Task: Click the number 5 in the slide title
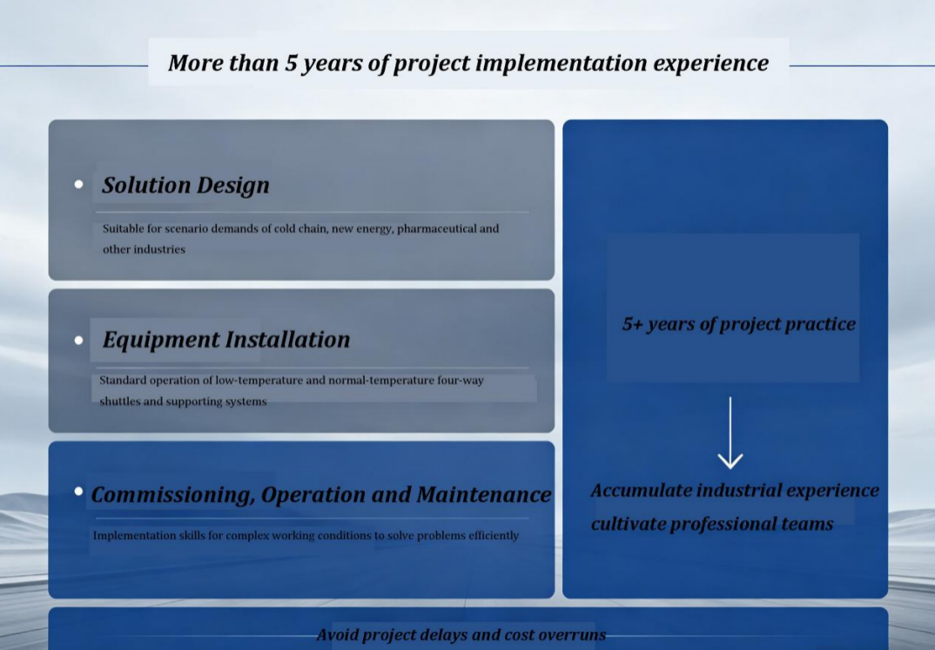pos(291,63)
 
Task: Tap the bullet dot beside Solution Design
pos(78,185)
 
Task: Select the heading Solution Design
pos(185,185)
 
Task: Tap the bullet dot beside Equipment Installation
pos(78,340)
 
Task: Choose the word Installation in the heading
pos(288,339)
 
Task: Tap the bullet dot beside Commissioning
pos(78,491)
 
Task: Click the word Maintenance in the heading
pos(483,494)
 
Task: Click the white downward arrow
pos(730,433)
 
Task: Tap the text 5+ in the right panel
pos(632,323)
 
